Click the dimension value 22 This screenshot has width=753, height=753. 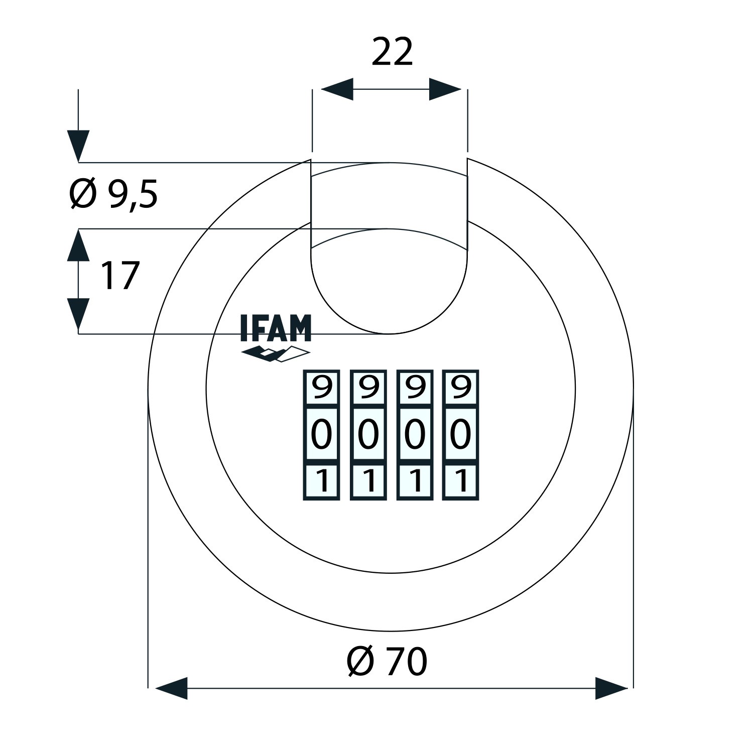click(392, 52)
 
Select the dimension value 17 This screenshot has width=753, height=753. click(119, 276)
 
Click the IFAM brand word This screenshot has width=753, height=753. click(276, 329)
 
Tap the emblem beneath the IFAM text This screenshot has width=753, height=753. click(276, 353)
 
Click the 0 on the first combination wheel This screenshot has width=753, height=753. click(322, 435)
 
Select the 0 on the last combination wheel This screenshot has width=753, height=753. click(460, 435)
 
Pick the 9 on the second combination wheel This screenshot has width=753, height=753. click(368, 387)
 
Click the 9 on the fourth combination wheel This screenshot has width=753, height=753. click(460, 387)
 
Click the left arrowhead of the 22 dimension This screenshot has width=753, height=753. click(337, 89)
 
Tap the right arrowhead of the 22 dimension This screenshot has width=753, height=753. click(445, 89)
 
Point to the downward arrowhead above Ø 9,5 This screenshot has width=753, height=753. click(78, 146)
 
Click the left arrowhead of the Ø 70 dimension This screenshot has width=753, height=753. click(172, 688)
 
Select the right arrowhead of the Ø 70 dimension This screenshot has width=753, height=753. click(611, 688)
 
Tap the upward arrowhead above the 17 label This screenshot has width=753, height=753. click(78, 245)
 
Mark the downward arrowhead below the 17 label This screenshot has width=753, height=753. click(78, 314)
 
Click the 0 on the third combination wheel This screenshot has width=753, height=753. click(415, 435)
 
